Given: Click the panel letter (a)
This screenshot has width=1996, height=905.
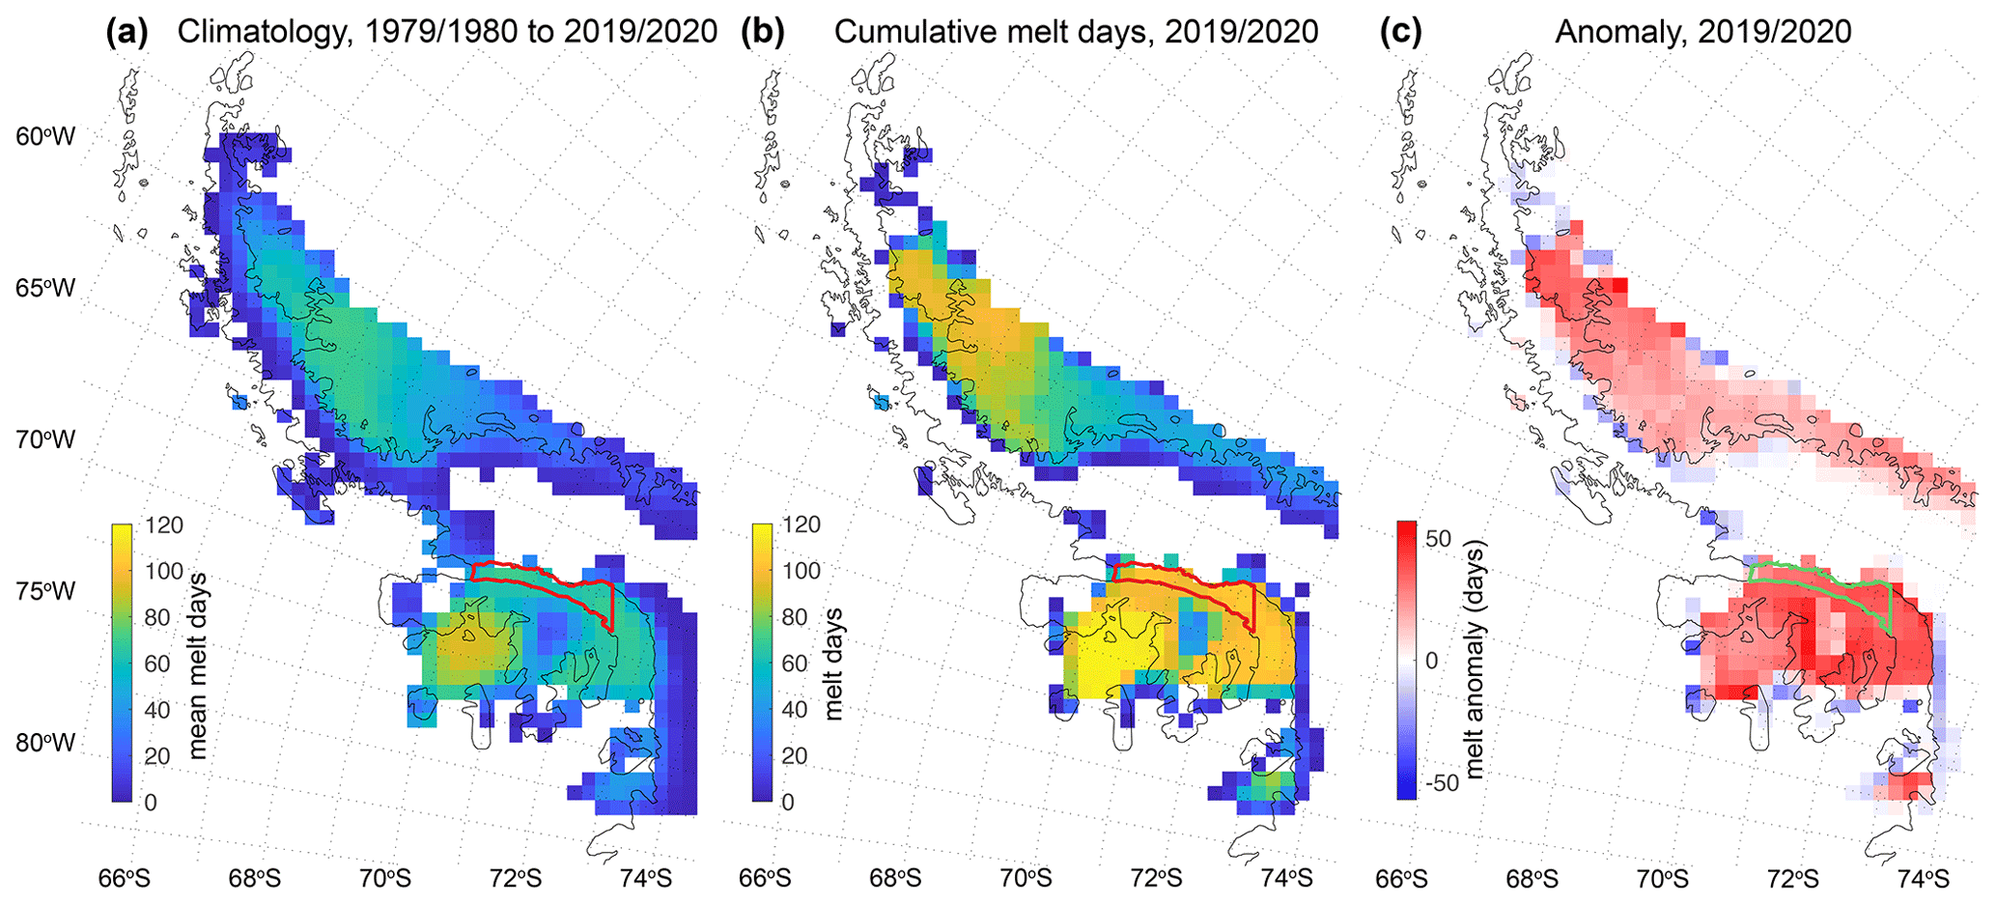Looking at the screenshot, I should click(127, 32).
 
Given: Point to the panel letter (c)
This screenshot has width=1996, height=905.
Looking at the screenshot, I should click(1401, 32).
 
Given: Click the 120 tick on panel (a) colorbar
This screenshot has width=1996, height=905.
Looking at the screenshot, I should click(164, 525).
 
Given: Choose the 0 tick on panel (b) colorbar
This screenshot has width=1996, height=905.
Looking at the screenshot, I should click(788, 802).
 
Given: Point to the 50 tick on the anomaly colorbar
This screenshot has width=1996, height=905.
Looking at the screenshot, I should click(1438, 538).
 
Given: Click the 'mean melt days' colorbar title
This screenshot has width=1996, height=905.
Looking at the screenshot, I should click(199, 665).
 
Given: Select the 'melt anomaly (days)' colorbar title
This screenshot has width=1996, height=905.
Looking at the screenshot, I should click(1475, 659).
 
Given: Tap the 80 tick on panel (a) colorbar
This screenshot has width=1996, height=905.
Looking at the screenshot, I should click(156, 618).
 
